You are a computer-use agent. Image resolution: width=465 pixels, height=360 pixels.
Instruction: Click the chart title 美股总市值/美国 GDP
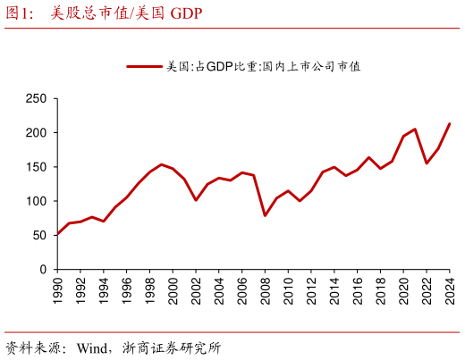(x=125, y=13)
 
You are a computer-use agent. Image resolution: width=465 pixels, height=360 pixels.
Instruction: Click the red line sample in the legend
(x=144, y=66)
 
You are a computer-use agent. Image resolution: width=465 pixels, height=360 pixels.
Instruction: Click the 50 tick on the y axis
(x=38, y=235)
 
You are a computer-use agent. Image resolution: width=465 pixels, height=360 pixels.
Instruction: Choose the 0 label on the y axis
(x=42, y=269)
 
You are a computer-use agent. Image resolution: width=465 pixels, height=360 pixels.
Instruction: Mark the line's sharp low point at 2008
(x=266, y=215)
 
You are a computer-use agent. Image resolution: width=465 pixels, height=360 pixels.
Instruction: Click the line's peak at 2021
(x=415, y=129)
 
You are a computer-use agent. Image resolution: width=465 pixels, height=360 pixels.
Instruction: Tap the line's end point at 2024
(x=450, y=124)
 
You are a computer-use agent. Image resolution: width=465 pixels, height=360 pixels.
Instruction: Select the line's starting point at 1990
(x=58, y=233)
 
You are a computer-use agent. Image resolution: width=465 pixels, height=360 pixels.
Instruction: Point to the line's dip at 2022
(x=427, y=163)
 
